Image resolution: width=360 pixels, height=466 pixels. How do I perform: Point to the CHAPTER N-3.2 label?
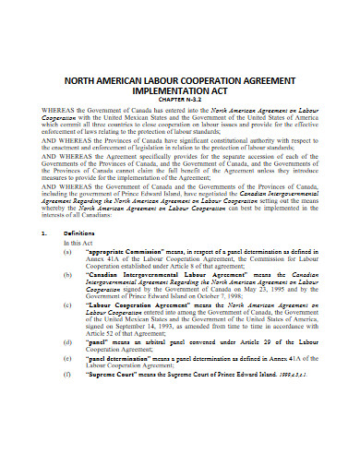coord(180,103)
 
